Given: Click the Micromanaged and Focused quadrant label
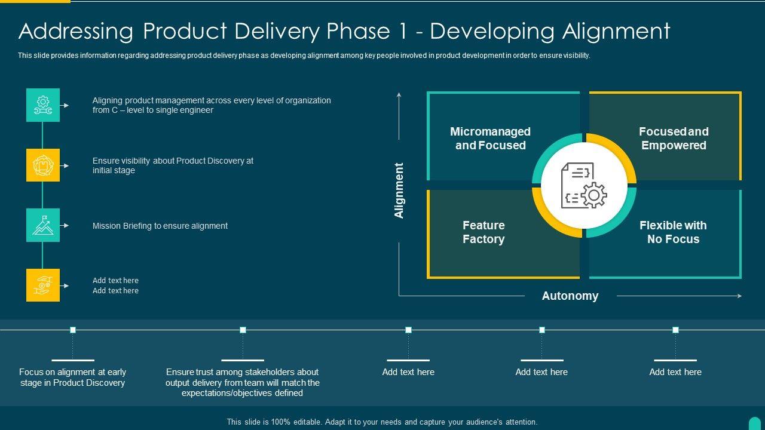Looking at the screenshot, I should [x=490, y=139].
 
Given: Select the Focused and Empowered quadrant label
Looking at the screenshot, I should [x=674, y=139].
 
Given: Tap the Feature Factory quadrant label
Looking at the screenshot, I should [x=484, y=232].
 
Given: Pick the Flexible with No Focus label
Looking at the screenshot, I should [x=673, y=232].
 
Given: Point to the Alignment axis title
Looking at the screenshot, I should [x=399, y=191].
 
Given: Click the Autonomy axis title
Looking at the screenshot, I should [x=570, y=296].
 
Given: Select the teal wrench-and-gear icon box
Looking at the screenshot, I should [x=43, y=105].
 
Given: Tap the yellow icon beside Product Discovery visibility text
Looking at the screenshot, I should [x=43, y=165].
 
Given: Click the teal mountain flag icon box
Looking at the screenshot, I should [x=43, y=225].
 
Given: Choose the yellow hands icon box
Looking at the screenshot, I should [x=43, y=285].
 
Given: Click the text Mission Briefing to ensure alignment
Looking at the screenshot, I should [x=160, y=226].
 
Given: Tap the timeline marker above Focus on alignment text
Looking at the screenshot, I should [x=73, y=330].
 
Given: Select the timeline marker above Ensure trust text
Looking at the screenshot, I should [x=243, y=330].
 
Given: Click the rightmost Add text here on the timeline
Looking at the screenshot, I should [x=675, y=372].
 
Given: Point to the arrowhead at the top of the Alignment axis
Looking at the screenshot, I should [x=399, y=94].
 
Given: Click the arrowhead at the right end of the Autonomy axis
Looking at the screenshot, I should [x=739, y=296].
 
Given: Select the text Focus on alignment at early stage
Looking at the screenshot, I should [x=72, y=377].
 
